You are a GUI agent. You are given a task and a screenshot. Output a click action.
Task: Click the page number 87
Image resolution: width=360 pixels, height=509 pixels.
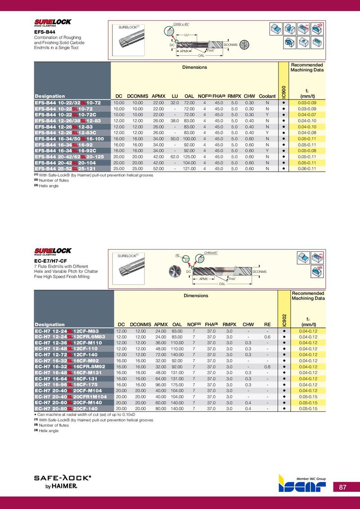tap(342, 487)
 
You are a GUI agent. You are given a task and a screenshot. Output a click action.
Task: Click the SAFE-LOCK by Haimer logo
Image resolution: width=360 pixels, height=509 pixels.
tap(63, 482)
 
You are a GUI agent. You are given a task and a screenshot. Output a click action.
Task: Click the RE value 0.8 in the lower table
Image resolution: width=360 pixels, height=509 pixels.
tap(267, 366)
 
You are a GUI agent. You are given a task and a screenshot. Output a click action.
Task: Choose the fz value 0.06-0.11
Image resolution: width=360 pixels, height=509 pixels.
tap(308, 169)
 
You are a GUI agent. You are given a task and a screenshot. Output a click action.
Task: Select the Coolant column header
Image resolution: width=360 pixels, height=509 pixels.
tap(267, 96)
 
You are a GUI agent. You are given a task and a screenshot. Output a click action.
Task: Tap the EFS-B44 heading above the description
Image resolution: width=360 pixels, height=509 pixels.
tap(45, 32)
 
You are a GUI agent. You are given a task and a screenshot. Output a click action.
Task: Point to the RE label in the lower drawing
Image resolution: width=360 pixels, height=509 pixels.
tap(178, 256)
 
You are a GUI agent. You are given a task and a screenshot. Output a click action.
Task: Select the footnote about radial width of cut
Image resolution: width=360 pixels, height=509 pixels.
tap(85, 414)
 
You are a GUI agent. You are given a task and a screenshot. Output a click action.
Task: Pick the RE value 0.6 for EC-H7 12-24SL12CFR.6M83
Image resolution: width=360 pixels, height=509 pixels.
tap(267, 336)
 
